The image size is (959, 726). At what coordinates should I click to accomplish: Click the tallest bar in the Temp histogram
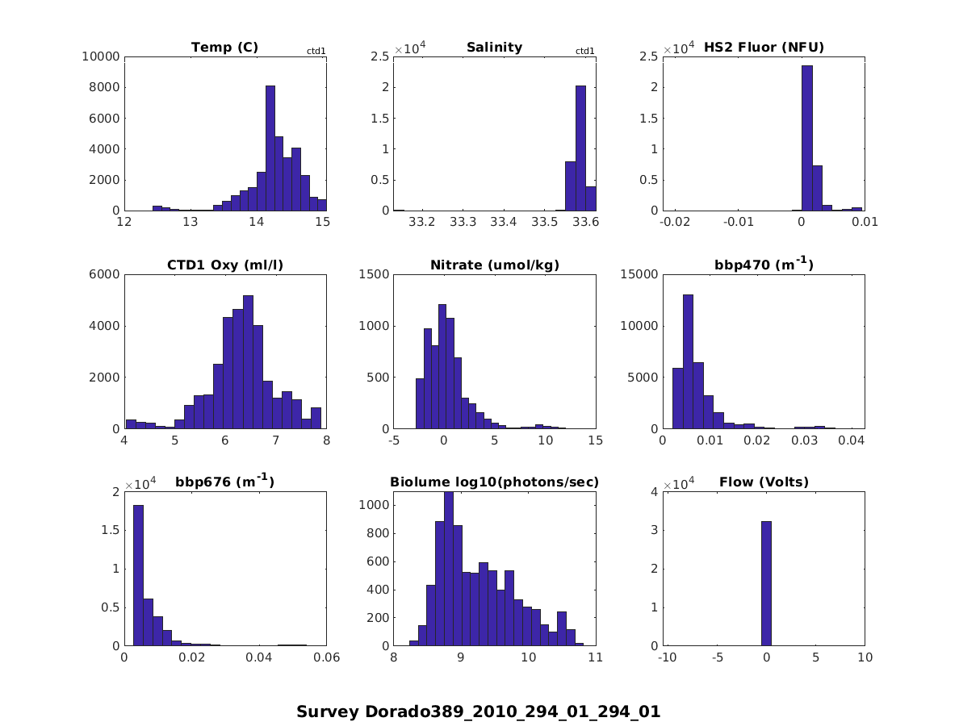[x=270, y=148]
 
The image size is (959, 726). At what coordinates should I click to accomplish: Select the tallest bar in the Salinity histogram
[x=580, y=148]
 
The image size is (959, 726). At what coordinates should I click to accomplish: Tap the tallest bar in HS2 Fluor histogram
[x=806, y=138]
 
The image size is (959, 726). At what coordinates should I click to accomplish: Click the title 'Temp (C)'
[x=224, y=48]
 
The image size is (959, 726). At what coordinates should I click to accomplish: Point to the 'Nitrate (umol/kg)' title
[x=495, y=265]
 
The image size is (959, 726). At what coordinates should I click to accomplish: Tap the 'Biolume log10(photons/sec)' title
[x=495, y=482]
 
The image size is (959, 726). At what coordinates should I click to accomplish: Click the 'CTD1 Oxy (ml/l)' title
[x=224, y=265]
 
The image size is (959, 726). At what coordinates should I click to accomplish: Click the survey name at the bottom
[x=479, y=711]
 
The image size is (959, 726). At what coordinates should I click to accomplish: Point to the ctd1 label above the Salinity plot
[x=585, y=51]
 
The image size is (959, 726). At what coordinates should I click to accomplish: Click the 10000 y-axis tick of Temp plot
[x=101, y=56]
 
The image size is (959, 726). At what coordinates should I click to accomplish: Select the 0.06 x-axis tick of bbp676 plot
[x=326, y=657]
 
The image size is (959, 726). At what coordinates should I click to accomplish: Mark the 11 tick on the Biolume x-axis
[x=596, y=657]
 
